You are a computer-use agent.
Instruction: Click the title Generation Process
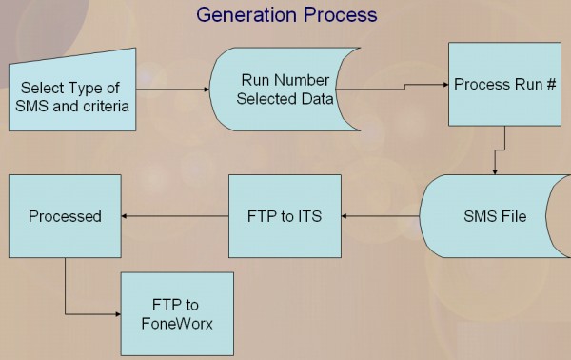tap(286, 14)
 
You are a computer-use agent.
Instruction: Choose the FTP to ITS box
tap(285, 216)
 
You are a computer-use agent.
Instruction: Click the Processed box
tap(65, 216)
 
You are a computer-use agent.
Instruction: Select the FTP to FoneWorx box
tap(177, 312)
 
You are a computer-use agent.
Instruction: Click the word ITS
tap(308, 216)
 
